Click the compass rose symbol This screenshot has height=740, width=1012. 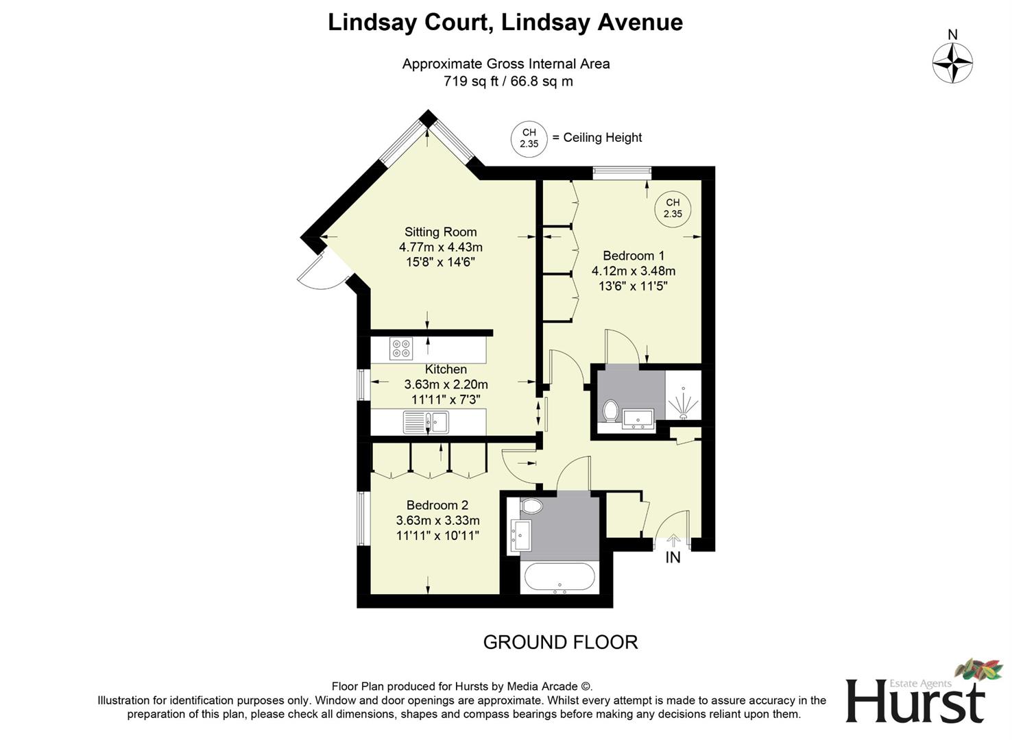(952, 63)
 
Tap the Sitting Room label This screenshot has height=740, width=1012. (440, 232)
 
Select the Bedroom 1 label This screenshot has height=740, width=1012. (634, 256)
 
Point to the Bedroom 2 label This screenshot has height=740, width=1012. (437, 506)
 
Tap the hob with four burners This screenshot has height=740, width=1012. (401, 349)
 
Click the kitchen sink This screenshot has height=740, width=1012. (426, 421)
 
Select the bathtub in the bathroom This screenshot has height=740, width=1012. (559, 578)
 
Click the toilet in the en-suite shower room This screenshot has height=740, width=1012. (610, 412)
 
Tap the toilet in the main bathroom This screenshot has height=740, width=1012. (531, 507)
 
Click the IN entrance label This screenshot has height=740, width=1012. (673, 558)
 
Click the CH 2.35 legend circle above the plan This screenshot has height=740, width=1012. (529, 138)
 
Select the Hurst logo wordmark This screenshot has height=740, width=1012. (915, 700)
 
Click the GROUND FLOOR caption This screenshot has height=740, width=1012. (560, 642)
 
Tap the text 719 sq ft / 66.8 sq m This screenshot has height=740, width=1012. (508, 82)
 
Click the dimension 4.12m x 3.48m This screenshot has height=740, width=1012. (634, 271)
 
